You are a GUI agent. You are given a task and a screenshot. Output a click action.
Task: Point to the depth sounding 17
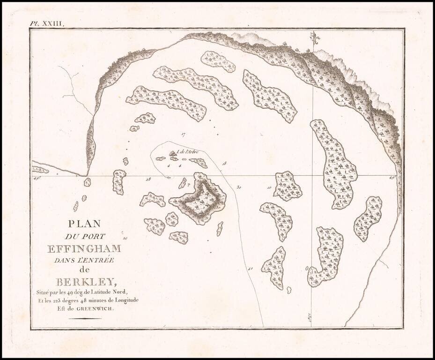point(184,135)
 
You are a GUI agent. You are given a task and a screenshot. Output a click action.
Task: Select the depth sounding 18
point(224,164)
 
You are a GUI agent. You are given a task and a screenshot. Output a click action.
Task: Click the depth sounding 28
point(148,179)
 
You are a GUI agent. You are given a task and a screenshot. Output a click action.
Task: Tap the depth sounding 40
point(251,269)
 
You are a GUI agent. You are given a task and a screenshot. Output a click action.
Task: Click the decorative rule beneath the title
point(85,319)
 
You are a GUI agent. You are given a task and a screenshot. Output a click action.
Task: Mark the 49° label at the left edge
point(37,178)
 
